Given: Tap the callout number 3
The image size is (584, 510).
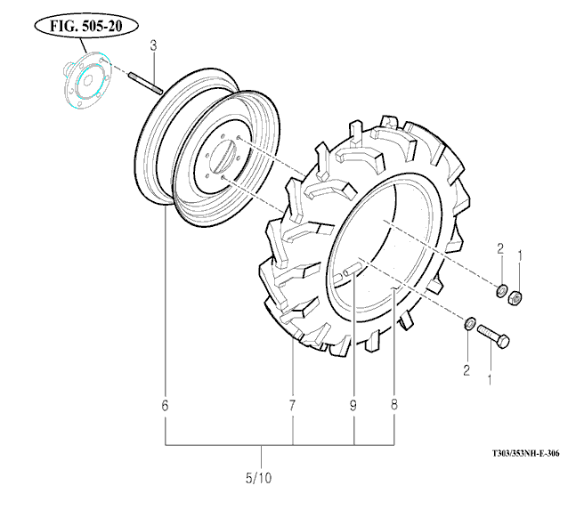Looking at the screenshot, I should click(153, 45).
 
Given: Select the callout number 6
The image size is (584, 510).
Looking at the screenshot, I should click(165, 406).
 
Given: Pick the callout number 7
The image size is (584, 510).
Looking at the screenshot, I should click(292, 406).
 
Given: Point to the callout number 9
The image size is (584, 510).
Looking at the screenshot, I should click(353, 406).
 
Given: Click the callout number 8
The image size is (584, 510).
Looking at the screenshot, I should click(394, 406).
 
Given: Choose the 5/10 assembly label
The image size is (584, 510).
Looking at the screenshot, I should click(258, 478).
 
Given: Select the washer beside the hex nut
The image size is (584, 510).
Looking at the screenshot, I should click(501, 290).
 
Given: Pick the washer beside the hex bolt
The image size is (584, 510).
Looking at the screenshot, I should click(469, 323).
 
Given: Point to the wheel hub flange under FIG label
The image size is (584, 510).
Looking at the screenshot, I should click(85, 81).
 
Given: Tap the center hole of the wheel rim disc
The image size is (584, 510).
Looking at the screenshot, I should click(222, 160).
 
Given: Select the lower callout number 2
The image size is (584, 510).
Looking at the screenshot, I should click(464, 368).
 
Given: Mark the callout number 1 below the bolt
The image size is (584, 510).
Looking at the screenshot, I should click(488, 378).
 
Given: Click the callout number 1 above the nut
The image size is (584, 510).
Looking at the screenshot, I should click(521, 255).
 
